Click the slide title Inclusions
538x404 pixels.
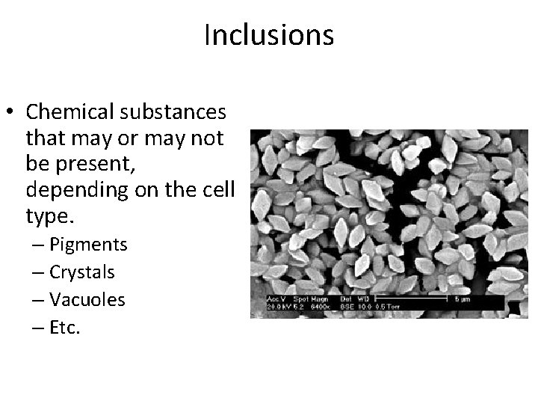point(269,35)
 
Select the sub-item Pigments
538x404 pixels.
point(88,245)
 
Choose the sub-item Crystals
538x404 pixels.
point(83,272)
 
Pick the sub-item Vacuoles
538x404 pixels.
point(87,300)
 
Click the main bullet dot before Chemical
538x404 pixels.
point(13,114)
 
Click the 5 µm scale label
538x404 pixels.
point(464,299)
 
